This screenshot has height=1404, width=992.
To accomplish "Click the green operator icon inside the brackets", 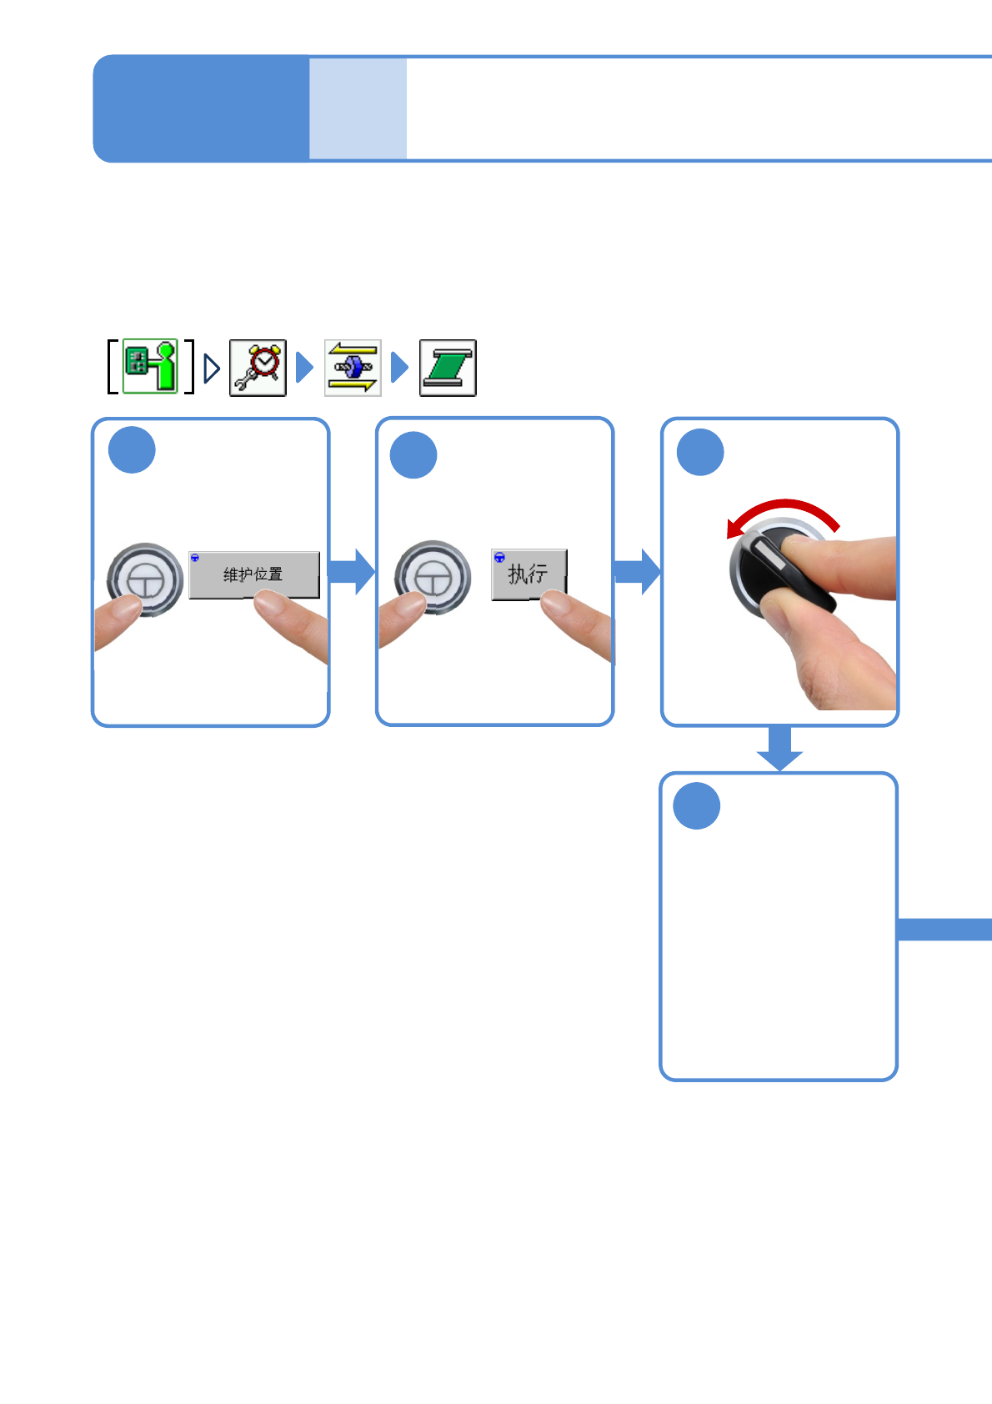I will pyautogui.click(x=151, y=366).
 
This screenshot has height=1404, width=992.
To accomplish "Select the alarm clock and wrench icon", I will pyautogui.click(x=258, y=368).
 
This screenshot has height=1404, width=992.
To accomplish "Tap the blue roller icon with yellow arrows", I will pyautogui.click(x=353, y=368).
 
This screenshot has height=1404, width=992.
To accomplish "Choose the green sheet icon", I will pyautogui.click(x=448, y=368).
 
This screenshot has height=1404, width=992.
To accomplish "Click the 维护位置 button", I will pyautogui.click(x=253, y=574).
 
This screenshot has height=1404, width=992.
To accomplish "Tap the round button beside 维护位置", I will pyautogui.click(x=145, y=579).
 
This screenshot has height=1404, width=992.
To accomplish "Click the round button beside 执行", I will pyautogui.click(x=433, y=577).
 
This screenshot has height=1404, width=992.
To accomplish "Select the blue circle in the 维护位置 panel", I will pyautogui.click(x=132, y=450).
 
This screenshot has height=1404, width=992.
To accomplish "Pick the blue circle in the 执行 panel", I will pyautogui.click(x=413, y=455).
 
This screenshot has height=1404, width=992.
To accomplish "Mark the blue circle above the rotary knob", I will pyautogui.click(x=700, y=453).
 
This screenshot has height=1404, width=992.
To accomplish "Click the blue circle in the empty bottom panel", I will pyautogui.click(x=696, y=806).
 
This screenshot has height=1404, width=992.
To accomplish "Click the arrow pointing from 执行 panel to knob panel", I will pyautogui.click(x=638, y=572).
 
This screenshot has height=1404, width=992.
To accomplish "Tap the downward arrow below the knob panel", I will pyautogui.click(x=779, y=748).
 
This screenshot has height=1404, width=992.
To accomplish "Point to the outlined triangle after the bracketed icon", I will pyautogui.click(x=212, y=369).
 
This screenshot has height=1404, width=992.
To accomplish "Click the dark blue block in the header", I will pyautogui.click(x=201, y=108).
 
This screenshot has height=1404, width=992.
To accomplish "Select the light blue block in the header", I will pyautogui.click(x=358, y=108).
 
